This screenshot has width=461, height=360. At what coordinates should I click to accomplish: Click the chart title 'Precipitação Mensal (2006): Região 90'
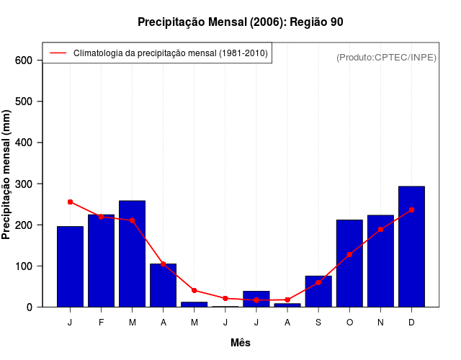[240, 22]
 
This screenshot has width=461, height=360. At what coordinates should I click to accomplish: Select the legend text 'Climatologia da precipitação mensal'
[170, 53]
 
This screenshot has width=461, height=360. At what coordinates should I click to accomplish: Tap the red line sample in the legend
[58, 53]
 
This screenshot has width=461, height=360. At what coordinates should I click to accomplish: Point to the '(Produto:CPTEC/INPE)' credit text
[387, 58]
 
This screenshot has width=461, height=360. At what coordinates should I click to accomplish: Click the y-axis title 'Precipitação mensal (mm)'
[7, 175]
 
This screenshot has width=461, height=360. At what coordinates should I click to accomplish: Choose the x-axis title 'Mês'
[241, 343]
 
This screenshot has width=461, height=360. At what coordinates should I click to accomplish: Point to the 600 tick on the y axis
[24, 60]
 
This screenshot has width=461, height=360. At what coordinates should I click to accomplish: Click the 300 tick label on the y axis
[24, 184]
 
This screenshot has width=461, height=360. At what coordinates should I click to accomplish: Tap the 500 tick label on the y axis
[24, 102]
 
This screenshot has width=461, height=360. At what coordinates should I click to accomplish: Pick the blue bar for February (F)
[101, 261]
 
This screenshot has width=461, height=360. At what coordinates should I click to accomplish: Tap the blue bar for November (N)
[380, 261]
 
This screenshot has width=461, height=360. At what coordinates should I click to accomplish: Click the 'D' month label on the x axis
[411, 322]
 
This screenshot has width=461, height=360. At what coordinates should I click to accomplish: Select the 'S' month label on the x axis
[318, 322]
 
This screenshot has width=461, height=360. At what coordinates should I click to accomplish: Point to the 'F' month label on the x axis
[101, 322]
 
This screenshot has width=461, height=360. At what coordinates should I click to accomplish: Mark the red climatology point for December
[411, 210]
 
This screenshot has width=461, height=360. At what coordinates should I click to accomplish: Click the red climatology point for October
[349, 254]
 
